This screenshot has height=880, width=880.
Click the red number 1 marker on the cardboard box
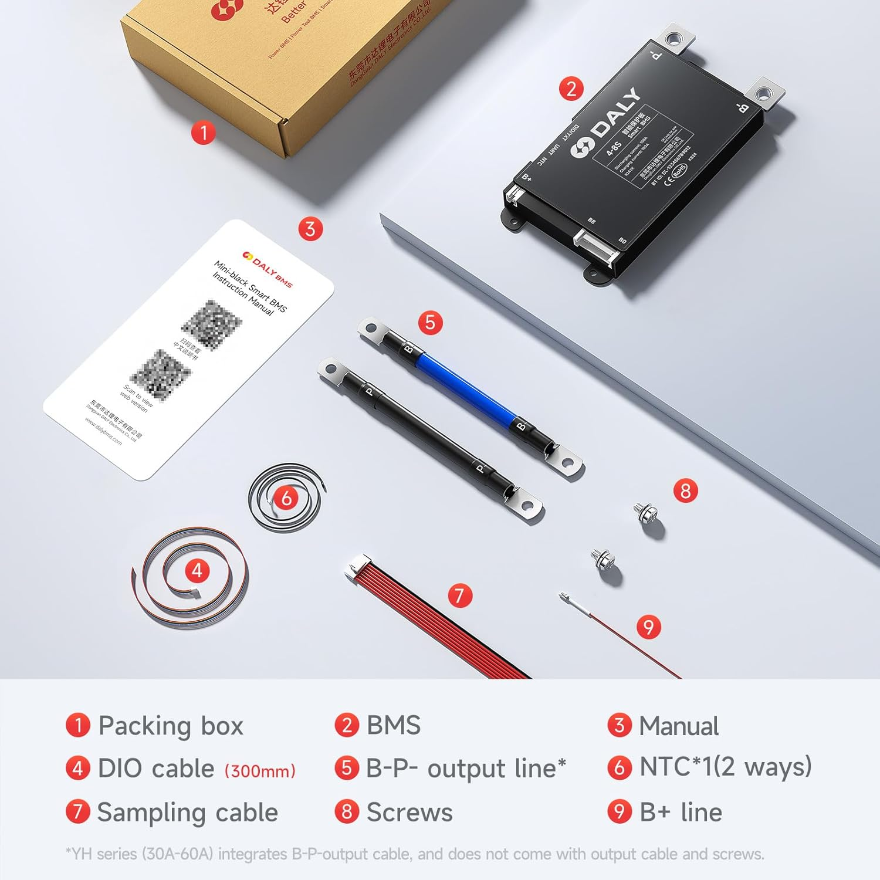click(203, 133)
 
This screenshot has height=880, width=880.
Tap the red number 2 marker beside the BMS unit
click(571, 89)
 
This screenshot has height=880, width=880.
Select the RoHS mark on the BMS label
click(679, 171)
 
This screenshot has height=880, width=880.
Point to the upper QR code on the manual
click(212, 323)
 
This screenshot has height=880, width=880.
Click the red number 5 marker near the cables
click(430, 323)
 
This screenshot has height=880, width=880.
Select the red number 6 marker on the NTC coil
click(286, 498)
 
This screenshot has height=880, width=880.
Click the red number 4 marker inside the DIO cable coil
click(197, 571)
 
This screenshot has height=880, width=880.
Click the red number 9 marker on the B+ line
click(648, 627)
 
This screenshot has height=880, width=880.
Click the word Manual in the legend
click(678, 726)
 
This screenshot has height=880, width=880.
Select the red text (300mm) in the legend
click(260, 770)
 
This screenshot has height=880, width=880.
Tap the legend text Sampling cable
click(187, 813)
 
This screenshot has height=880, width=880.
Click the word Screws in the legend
click(409, 813)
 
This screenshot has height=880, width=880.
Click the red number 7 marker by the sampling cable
click(459, 596)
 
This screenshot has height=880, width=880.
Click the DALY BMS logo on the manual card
click(268, 269)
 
